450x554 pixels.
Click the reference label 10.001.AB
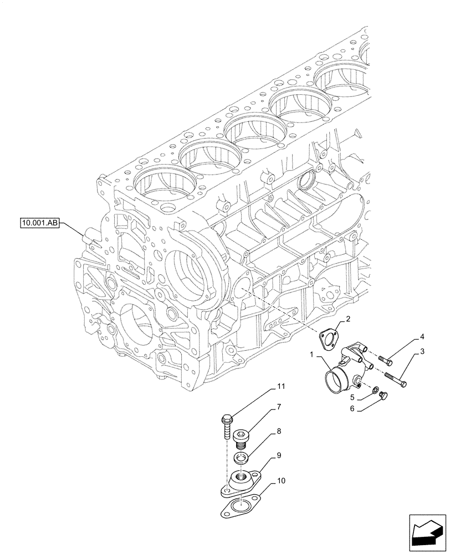point(40,224)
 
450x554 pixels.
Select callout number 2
point(347,319)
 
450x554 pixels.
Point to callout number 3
point(422,351)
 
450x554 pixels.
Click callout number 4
point(422,336)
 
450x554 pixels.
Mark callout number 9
point(279,455)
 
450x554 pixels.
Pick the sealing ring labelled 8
point(242,458)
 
